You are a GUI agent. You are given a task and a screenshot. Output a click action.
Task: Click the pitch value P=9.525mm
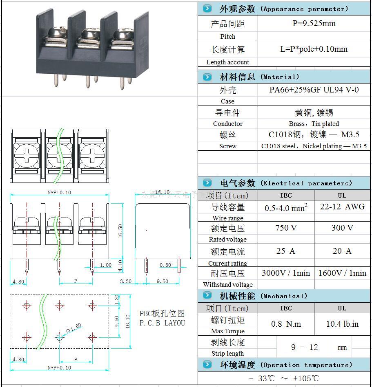(314, 23)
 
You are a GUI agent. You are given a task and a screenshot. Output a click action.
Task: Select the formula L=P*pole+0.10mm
(314, 49)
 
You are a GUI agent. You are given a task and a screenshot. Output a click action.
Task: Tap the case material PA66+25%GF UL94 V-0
(314, 90)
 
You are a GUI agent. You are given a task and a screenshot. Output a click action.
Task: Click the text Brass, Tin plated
(314, 123)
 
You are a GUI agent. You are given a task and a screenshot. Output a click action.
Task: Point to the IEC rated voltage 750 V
(286, 228)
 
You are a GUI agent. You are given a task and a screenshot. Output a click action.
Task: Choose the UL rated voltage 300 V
(342, 228)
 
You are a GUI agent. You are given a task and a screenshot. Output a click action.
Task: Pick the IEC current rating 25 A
(286, 251)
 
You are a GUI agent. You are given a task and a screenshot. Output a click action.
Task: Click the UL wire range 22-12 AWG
(342, 207)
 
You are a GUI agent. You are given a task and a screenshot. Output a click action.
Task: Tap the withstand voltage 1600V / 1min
(342, 273)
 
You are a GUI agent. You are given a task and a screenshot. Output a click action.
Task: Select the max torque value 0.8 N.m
(286, 324)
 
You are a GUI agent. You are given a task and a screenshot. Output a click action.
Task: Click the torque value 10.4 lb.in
(342, 324)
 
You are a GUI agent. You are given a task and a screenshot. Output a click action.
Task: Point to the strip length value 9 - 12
(304, 347)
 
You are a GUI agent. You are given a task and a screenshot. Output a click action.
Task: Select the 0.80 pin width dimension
(165, 265)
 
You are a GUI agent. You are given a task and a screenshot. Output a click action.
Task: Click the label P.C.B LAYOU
(162, 323)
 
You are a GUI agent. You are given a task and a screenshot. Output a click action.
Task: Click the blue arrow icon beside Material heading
(207, 77)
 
